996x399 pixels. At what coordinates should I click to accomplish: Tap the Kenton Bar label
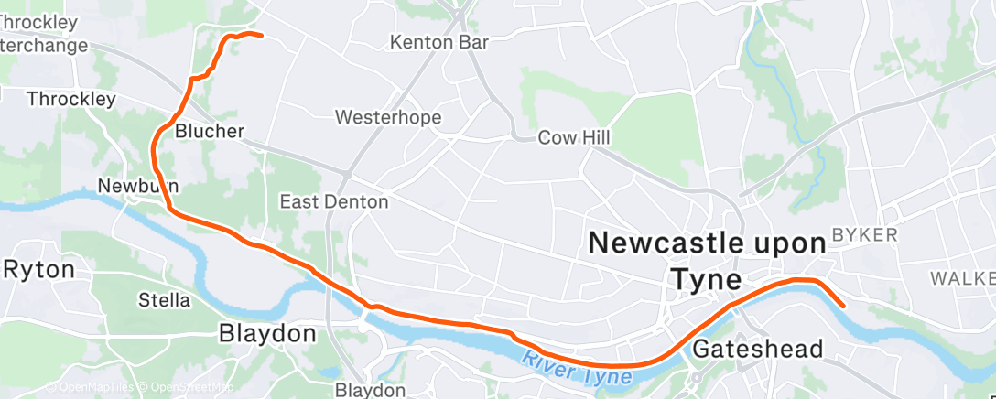pos(439,42)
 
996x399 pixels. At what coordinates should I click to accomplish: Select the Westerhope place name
pos(388,118)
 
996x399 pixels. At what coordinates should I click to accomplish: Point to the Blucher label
pos(210,131)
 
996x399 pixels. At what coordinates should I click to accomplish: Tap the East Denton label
pos(334,201)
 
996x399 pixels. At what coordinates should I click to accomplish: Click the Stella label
pos(164,300)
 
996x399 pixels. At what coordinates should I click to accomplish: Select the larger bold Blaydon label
pos(267,334)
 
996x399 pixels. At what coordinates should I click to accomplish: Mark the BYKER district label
pos(865,235)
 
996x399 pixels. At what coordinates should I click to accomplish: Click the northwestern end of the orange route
pos(262,36)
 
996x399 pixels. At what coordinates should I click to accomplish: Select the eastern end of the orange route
pos(843,307)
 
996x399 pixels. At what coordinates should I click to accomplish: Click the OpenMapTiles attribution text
pos(92,388)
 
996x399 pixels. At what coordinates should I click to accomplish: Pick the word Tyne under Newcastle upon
pos(706,279)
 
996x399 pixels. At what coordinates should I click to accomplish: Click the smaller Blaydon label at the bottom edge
pos(370,391)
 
